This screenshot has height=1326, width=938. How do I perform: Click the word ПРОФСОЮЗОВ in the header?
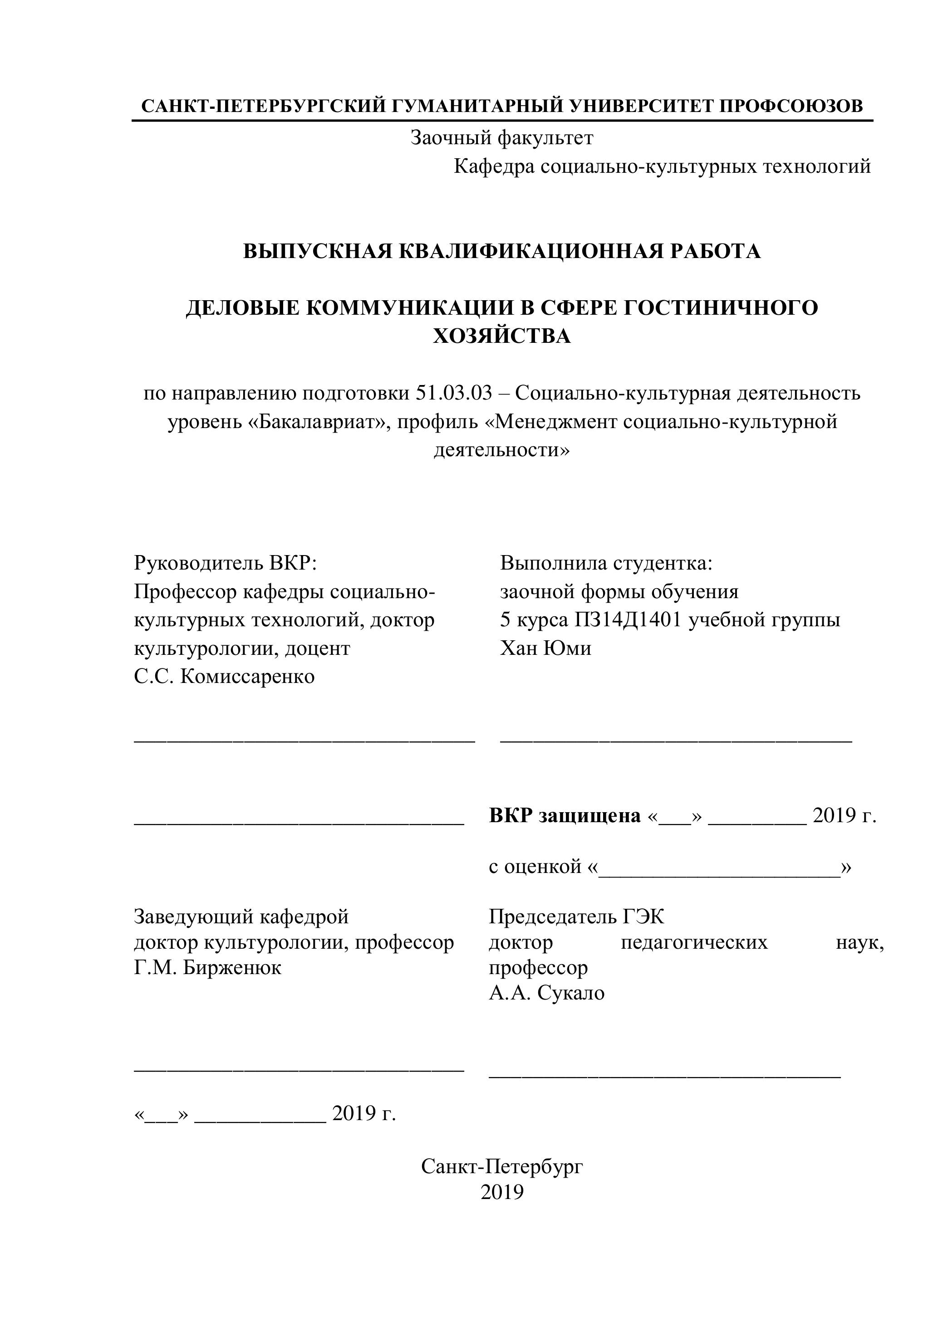point(792,106)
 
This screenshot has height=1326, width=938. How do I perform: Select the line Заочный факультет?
point(501,138)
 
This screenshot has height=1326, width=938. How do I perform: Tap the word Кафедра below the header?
point(494,167)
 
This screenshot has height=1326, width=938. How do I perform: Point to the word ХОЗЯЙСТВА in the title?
point(501,336)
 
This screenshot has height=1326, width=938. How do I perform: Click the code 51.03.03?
point(454,393)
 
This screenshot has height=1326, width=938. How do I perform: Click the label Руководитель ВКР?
point(226,562)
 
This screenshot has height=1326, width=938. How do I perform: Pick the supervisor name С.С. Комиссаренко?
point(224,676)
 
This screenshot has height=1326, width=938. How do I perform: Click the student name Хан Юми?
point(545,648)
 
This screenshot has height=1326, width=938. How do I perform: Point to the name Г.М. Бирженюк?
point(207,967)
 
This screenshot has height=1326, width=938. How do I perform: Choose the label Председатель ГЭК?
point(576,916)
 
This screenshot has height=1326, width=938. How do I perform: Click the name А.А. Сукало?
point(547,993)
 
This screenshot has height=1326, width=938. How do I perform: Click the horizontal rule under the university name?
point(501,120)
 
